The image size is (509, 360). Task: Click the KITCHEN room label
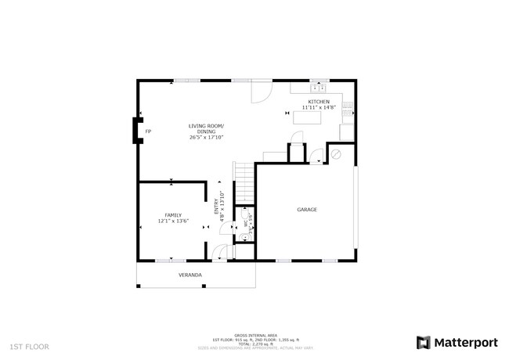318,102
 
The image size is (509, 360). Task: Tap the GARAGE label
306,210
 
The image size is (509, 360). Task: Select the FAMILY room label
173,214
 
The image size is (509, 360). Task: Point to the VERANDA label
190,275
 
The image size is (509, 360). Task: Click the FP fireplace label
148,131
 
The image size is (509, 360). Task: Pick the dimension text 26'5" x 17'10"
206,137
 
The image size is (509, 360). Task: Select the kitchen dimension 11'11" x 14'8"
318,108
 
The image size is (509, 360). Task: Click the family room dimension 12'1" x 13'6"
173,221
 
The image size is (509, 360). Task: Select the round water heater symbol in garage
338,154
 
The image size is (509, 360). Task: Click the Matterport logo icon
424,342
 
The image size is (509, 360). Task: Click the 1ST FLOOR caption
29,345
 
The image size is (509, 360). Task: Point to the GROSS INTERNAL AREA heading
255,334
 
